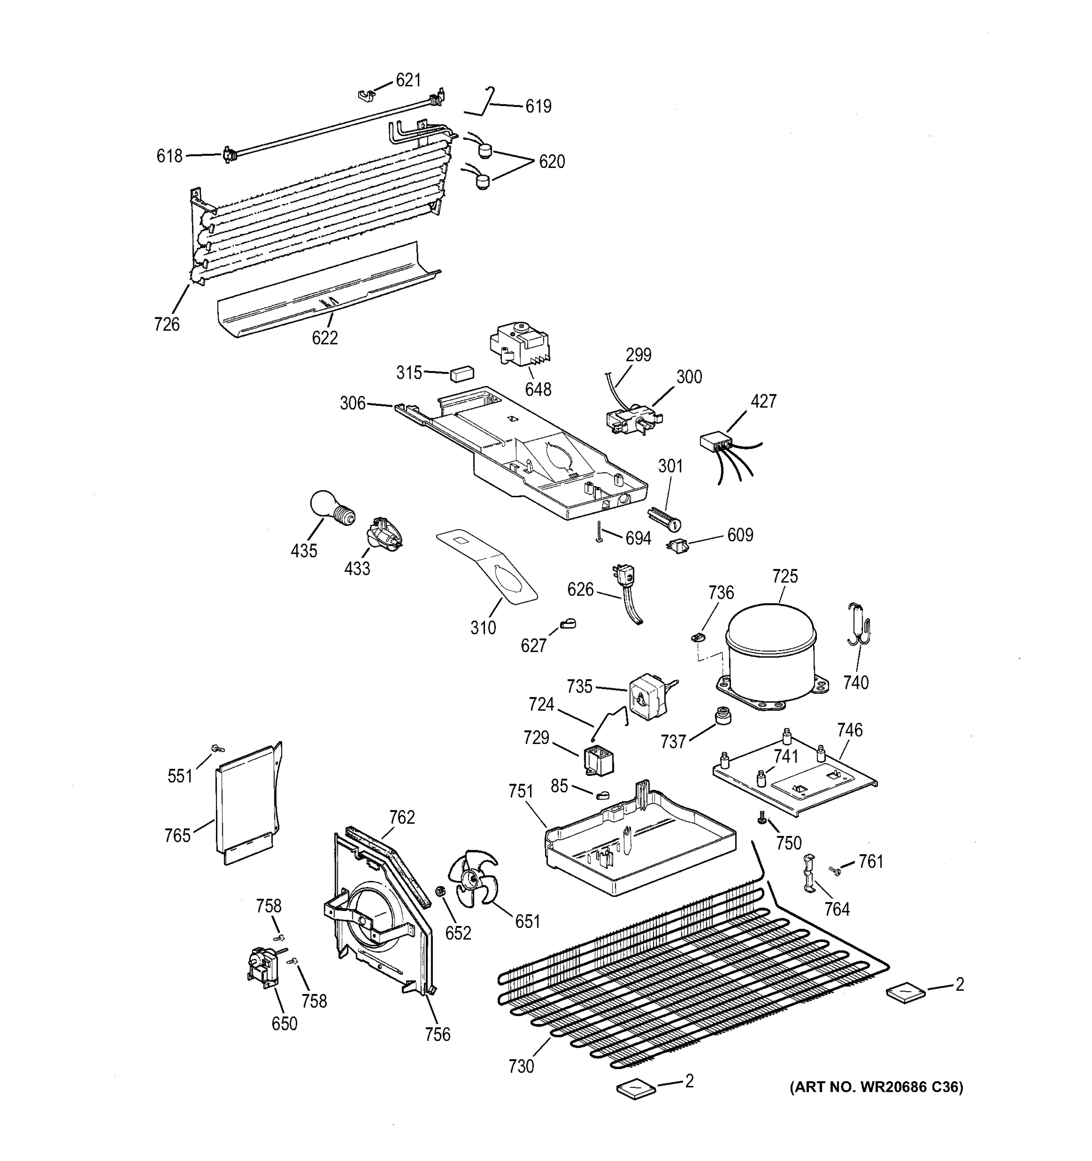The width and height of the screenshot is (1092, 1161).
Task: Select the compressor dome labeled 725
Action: (x=770, y=654)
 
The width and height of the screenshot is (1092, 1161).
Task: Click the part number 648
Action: (x=537, y=389)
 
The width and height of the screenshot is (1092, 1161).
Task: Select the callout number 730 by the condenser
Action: (x=520, y=1066)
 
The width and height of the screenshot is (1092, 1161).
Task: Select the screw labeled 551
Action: (x=217, y=749)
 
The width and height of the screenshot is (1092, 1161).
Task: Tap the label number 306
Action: (x=352, y=403)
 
